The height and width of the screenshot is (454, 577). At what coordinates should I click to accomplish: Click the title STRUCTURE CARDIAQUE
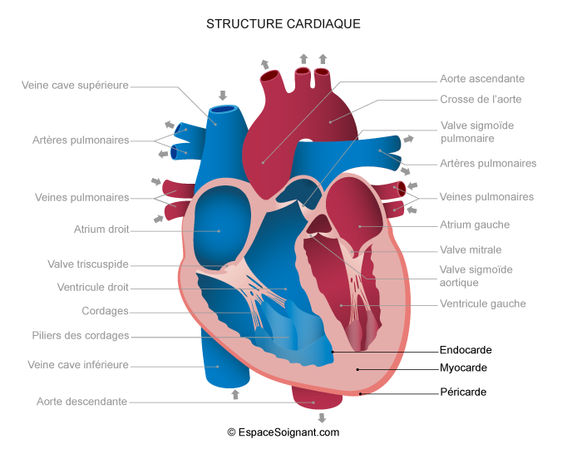[283, 24]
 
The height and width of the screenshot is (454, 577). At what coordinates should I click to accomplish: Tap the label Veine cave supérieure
[76, 85]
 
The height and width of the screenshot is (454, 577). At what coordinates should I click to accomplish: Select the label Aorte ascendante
[482, 79]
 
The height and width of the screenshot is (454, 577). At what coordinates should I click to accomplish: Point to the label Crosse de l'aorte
[481, 100]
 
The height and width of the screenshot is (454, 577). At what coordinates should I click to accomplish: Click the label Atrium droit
[101, 229]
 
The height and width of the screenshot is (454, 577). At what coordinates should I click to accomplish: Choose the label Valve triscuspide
[88, 264]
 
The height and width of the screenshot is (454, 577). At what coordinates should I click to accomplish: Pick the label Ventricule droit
[93, 288]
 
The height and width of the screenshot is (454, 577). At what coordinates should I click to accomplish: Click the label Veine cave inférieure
[78, 364]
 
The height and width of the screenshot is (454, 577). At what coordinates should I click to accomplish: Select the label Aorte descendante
[81, 402]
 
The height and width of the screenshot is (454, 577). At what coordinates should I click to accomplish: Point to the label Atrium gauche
[475, 225]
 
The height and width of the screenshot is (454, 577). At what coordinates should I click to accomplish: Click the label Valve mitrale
[471, 249]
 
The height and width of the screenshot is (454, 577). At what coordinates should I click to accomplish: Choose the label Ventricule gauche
[483, 303]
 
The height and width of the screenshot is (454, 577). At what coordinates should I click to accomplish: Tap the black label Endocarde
[464, 350]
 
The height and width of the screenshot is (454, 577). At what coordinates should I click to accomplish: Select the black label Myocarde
[463, 368]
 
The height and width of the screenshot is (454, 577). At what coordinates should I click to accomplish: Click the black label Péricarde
[463, 392]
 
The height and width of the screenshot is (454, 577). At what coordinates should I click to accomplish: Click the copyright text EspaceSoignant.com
[283, 432]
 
